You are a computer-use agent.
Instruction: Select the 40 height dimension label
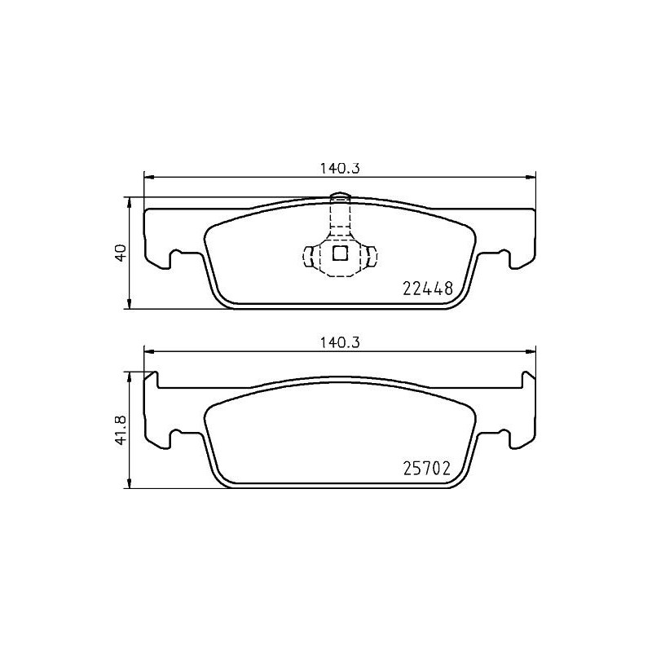(x=120, y=252)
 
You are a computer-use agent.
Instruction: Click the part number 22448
(x=428, y=288)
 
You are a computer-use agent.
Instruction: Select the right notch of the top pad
(x=506, y=259)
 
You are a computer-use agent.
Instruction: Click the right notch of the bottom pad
(x=506, y=438)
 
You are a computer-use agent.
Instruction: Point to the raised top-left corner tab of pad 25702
(x=151, y=379)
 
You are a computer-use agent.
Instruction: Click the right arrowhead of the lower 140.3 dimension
(x=532, y=351)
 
